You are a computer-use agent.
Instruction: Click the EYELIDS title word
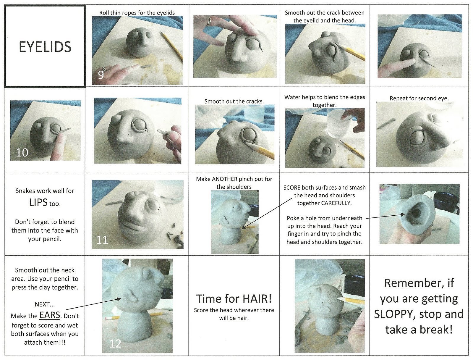click(45, 47)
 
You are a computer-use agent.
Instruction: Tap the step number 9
click(101, 75)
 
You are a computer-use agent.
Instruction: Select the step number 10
click(22, 153)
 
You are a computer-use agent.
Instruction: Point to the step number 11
click(102, 239)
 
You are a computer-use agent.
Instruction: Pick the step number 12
click(115, 343)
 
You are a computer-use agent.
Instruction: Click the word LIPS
click(38, 203)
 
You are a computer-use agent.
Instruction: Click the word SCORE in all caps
click(292, 188)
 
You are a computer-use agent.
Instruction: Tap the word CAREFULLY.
click(336, 203)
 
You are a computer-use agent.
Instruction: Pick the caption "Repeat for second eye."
click(419, 98)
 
